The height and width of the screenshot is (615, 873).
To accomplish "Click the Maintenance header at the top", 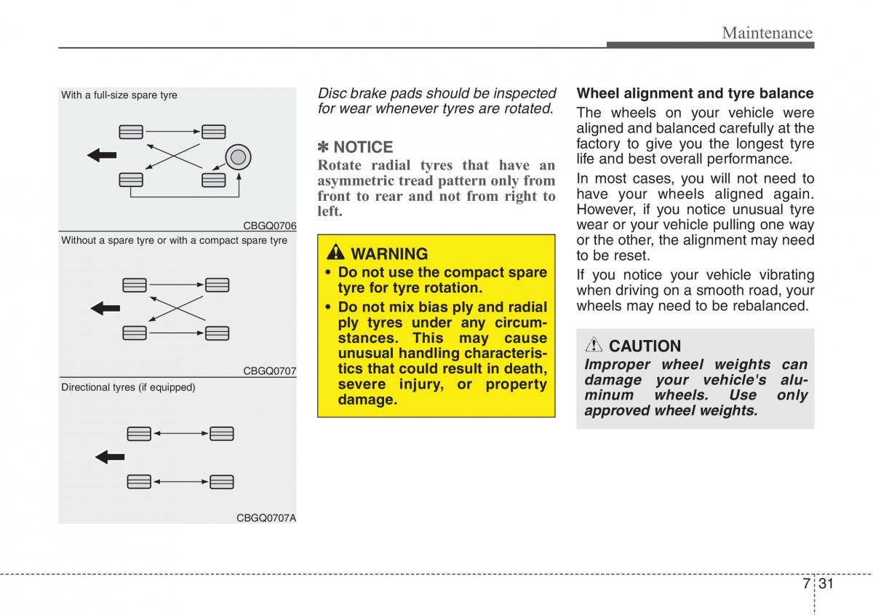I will tap(767, 33).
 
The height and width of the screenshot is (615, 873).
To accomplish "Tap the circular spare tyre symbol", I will tap(238, 156).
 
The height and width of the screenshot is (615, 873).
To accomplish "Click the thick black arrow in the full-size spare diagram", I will tap(102, 154).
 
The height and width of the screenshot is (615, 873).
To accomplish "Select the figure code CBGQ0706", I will tap(269, 226).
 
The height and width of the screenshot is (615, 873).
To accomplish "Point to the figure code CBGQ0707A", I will tap(266, 517).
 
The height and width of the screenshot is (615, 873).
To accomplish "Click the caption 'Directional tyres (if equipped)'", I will tap(128, 387).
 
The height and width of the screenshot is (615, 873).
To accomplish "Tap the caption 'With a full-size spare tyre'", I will tap(119, 95).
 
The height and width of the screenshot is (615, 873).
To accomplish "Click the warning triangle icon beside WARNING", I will tap(336, 253).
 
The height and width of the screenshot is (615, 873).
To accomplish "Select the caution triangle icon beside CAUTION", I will tap(594, 345).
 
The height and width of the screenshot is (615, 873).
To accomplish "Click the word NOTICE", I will tap(363, 147).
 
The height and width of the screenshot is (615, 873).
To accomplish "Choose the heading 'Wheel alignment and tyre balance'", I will tap(695, 93).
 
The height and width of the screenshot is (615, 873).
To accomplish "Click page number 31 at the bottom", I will tap(825, 584).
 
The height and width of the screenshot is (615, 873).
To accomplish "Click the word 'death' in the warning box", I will tap(522, 369).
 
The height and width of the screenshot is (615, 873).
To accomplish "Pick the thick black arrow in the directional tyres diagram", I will tap(111, 457).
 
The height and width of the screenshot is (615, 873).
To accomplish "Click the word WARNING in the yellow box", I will tap(389, 254).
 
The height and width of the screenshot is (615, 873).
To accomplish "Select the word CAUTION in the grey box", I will tap(645, 346).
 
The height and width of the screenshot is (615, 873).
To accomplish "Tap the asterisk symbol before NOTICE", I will tap(324, 147).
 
